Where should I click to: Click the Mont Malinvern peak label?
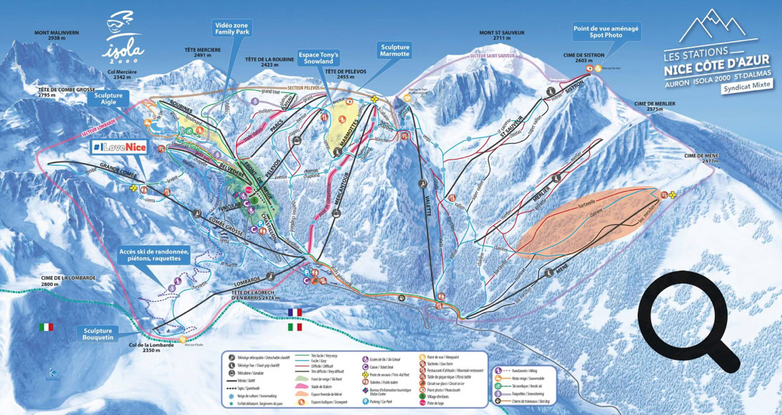pos(57,36)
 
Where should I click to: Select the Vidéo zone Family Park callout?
pos(232,29)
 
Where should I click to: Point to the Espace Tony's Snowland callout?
pos(318,59)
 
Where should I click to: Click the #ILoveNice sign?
pos(119,147)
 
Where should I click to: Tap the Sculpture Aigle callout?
pos(108,99)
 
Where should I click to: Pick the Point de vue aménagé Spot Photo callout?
pos(606,31)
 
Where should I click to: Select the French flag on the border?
pos(294,312)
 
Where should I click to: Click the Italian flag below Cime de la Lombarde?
pos(46,327)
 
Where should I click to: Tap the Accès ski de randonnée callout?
pos(154,255)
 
